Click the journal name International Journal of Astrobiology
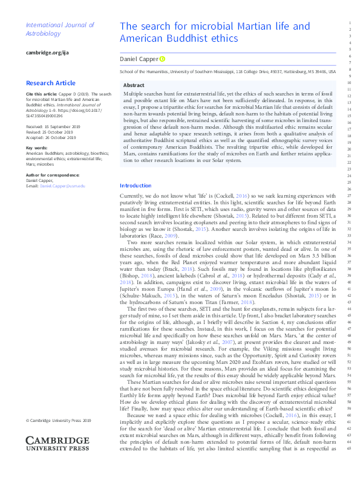click(59, 30)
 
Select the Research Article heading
click(51, 83)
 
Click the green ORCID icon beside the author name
click(162, 59)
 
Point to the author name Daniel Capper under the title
click(139, 59)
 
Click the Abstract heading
click(134, 86)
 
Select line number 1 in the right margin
click(350, 23)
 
